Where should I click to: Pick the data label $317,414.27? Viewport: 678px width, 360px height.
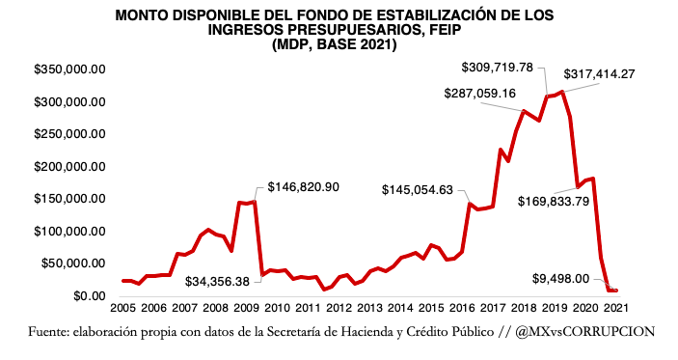[x=613, y=73]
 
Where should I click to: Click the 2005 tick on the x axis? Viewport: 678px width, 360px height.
[x=121, y=309]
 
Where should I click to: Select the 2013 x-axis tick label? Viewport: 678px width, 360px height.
[x=368, y=309]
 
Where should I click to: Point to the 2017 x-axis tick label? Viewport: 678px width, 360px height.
[x=493, y=309]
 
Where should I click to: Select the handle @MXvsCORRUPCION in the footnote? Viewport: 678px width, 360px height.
[x=585, y=331]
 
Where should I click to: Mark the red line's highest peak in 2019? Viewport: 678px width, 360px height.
[x=562, y=92]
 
